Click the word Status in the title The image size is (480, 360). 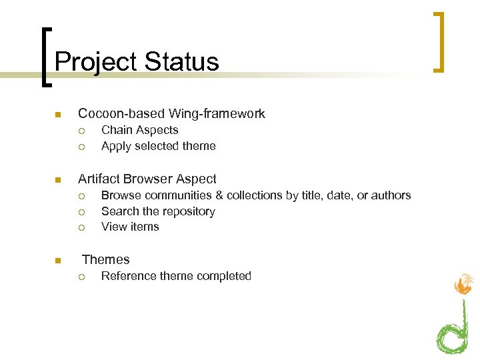click(181, 62)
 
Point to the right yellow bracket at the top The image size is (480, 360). click(439, 41)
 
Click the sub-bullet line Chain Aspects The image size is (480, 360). click(139, 130)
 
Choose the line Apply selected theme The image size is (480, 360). click(158, 146)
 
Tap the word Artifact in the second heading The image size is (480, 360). click(101, 179)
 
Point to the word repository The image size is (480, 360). click(183, 211)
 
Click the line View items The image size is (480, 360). click(130, 227)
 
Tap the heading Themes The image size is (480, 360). click(105, 259)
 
